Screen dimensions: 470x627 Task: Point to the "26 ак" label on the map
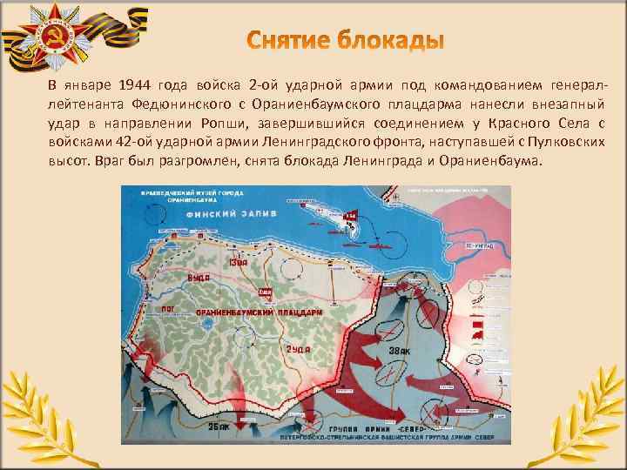(x=216, y=428)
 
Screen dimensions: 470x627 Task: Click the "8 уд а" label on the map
(x=198, y=277)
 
